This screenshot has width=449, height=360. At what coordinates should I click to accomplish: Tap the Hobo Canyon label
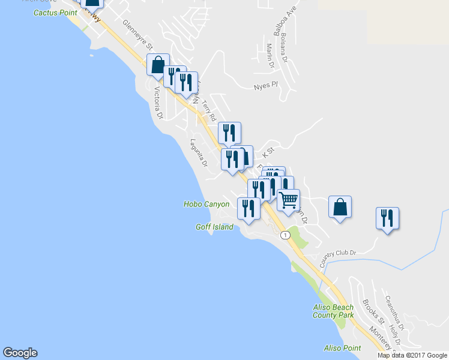[x=206, y=204]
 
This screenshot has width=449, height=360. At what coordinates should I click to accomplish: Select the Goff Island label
[x=214, y=227]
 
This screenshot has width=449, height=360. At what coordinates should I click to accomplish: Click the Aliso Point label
[x=342, y=348]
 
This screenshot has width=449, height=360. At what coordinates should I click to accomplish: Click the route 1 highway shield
[x=285, y=234]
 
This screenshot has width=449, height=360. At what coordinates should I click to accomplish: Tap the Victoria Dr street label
[x=158, y=103]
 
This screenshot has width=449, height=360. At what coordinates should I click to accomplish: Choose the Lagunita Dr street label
[x=198, y=153]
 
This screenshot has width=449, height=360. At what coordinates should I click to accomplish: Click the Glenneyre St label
[x=138, y=35]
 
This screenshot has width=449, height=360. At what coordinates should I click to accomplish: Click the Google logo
[x=20, y=353]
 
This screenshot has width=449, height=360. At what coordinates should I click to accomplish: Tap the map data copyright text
[x=412, y=355]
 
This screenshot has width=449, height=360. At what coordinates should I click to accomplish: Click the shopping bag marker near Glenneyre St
[x=158, y=64]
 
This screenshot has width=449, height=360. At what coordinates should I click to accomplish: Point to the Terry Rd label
[x=208, y=109]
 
